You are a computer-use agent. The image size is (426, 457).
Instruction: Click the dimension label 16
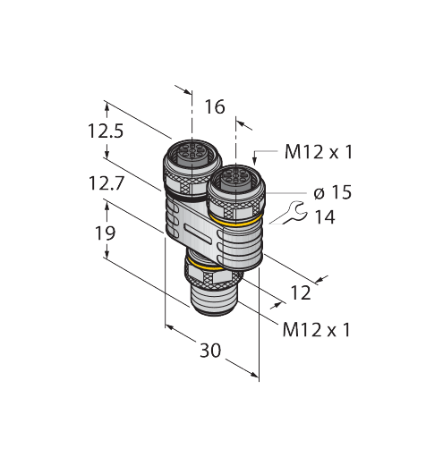coord(214,107)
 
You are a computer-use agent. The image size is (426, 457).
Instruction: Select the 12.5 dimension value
coord(104,131)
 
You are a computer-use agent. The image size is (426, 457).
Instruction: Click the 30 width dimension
coord(209,351)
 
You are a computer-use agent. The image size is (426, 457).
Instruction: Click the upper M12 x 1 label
coord(318,152)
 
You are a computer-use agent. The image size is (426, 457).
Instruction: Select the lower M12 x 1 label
coord(315,329)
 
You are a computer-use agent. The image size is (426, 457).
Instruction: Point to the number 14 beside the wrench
coord(324,217)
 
